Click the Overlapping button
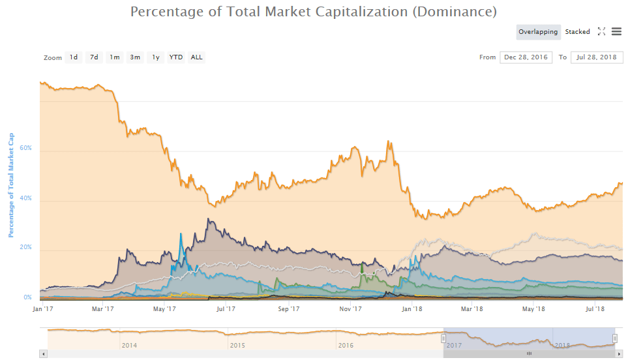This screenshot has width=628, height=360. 538,32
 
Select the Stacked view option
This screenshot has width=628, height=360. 577,32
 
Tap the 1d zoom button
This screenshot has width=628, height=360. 74,57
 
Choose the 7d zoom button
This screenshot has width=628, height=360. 94,57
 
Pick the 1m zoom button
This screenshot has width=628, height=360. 115,57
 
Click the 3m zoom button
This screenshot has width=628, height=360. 135,57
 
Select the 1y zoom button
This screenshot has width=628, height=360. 155,57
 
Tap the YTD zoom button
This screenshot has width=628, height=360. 176,57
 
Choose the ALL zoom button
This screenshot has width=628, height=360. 196,57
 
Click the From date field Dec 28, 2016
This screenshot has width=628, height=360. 526,57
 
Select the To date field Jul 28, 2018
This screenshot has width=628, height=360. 597,57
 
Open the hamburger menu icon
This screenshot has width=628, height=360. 616,32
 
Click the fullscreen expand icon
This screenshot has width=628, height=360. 601,32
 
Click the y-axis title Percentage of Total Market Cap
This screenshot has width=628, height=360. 11,186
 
